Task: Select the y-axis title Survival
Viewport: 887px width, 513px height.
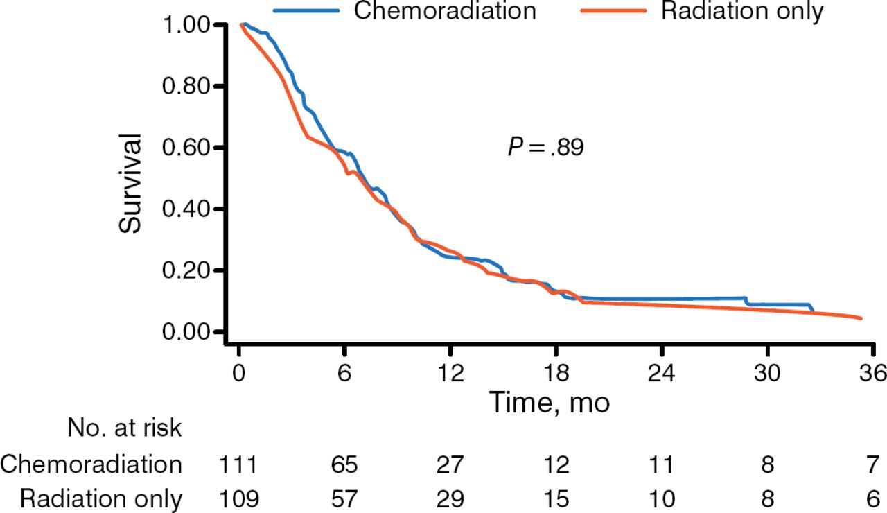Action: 131,183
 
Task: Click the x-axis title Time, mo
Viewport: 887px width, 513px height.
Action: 550,402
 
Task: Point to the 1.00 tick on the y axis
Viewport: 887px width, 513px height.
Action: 188,25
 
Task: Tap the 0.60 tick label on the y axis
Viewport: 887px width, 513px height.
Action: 188,148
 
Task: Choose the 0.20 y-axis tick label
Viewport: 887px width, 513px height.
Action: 188,270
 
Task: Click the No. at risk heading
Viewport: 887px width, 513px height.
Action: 125,428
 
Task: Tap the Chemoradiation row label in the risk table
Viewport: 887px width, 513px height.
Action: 91,464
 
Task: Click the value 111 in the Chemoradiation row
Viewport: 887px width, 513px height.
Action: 238,464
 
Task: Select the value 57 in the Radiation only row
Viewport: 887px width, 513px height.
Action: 344,498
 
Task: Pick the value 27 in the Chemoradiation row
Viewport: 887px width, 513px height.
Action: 450,464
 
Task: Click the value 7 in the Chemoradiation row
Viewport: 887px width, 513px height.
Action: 872,464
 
